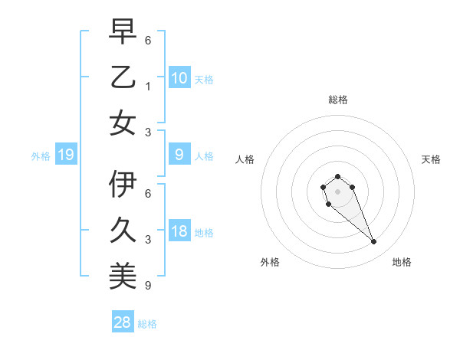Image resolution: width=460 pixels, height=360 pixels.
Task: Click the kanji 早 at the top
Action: [123, 31]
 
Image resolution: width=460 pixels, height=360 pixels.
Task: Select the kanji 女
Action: [123, 123]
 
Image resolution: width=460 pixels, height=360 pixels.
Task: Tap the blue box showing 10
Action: [179, 77]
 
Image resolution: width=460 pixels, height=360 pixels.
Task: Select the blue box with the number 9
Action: [179, 155]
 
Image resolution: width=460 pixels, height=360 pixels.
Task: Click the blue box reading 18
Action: [179, 231]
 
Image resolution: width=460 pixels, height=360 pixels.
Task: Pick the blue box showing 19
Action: [66, 155]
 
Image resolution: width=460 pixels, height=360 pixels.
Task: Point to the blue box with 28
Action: [123, 323]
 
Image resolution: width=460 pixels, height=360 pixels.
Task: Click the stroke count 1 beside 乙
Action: [147, 86]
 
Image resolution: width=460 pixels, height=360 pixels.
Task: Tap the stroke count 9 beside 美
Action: [147, 286]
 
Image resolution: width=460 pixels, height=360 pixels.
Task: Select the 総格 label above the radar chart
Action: [337, 100]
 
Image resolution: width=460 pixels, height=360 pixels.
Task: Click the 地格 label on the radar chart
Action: [402, 263]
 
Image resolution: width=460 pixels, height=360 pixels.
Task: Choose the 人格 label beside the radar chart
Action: [245, 159]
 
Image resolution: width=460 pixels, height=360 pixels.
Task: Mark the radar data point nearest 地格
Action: [374, 242]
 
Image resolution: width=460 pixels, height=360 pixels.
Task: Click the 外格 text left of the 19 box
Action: [41, 156]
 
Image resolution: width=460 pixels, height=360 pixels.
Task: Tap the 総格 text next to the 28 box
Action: [147, 324]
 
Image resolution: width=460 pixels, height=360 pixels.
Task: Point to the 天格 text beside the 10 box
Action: [204, 79]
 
